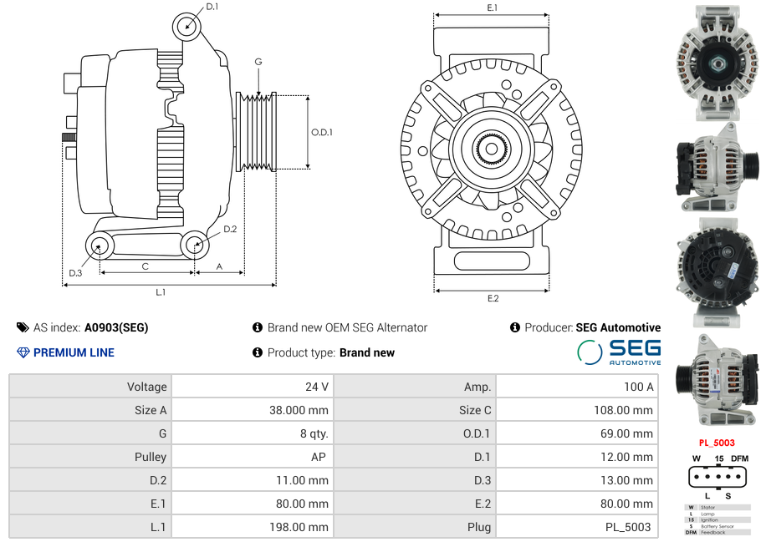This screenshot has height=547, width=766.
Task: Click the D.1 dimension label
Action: [212, 7]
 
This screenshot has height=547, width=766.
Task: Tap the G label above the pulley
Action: [258, 63]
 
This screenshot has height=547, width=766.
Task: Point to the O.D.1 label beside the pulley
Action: [322, 132]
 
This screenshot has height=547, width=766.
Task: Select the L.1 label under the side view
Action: [160, 292]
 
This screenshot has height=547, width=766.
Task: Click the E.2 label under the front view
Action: [493, 298]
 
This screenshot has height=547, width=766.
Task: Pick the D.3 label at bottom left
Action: [75, 273]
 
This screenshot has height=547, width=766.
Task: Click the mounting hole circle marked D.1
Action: [187, 27]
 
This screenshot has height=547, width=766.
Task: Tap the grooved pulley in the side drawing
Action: [258, 131]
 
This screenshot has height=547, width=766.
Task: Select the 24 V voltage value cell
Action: [317, 387]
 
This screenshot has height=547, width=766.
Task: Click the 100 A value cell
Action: [639, 387]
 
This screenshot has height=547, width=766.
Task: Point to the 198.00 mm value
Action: [304, 527]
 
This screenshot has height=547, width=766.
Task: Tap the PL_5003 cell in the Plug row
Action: [628, 527]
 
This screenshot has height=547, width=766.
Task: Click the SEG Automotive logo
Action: [619, 352]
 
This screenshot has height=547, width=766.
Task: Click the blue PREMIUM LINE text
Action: [74, 352]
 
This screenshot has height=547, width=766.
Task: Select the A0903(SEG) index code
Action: [116, 327]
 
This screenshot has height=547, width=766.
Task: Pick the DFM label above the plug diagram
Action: [739, 458]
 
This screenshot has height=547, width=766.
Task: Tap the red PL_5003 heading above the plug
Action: [717, 443]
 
